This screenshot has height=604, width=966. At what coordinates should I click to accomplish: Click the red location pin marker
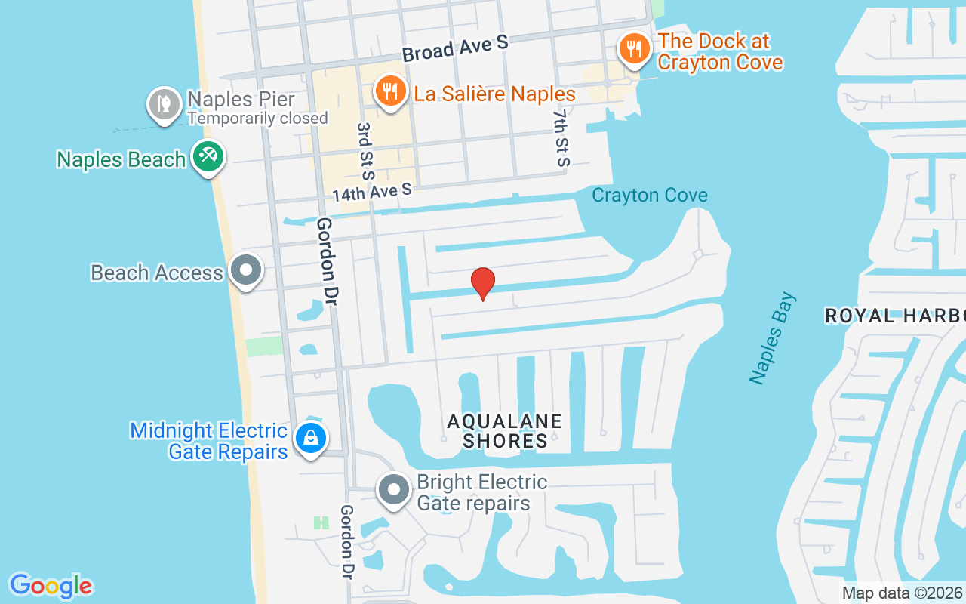[x=483, y=283]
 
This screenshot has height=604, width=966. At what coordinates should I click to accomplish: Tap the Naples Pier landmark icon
[x=164, y=103]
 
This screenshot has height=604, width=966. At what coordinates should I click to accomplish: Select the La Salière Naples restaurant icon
[x=389, y=91]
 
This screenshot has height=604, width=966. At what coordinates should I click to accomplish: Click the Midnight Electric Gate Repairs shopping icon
[x=309, y=437]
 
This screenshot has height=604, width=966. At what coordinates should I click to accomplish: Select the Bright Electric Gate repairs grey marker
[x=393, y=489]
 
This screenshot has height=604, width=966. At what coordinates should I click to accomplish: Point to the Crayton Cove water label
[x=649, y=196]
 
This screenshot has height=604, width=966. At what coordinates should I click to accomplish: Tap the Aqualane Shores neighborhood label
[x=504, y=431]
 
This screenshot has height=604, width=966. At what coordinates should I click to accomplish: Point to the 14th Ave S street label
[x=372, y=193]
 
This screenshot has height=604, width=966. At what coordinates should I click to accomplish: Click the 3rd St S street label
[x=366, y=151]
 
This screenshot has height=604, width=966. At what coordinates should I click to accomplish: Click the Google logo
[x=51, y=586]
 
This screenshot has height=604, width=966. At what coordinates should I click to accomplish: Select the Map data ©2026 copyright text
[x=902, y=593]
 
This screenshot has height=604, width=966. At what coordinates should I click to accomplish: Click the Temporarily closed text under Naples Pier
[x=257, y=119]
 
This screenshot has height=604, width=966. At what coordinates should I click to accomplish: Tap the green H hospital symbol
[x=321, y=522]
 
